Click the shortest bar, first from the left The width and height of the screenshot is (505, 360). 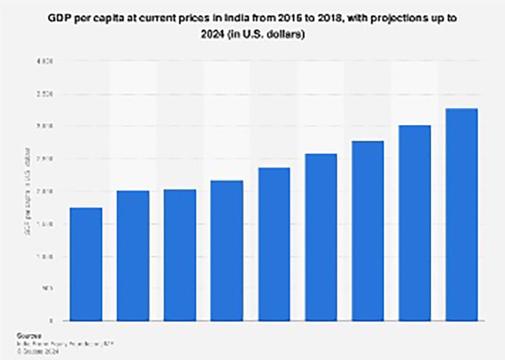[86, 264]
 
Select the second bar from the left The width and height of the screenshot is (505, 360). [133, 255]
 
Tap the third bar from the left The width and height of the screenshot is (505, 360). [180, 255]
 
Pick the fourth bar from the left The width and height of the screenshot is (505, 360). [227, 250]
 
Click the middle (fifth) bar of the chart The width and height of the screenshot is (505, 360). [274, 244]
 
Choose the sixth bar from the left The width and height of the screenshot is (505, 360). [321, 237]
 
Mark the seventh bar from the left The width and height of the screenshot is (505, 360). [368, 230]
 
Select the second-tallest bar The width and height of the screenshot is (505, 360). [415, 223]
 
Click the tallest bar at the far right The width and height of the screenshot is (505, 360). [462, 214]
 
